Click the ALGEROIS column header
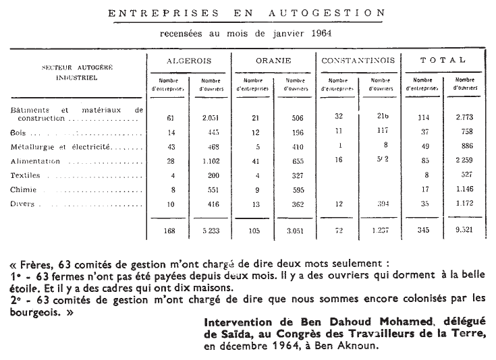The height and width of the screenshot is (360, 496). [190, 61]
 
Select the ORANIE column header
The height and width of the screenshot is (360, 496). [273, 61]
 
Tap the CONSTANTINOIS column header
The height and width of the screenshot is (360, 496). [359, 61]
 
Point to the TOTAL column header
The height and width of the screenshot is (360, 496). [443, 60]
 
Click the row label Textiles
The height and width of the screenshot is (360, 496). [26, 175]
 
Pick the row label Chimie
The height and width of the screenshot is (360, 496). [24, 189]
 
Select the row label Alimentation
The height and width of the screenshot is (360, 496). [36, 161]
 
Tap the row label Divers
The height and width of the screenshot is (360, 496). [24, 202]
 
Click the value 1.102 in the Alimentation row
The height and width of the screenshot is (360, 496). [210, 161]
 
